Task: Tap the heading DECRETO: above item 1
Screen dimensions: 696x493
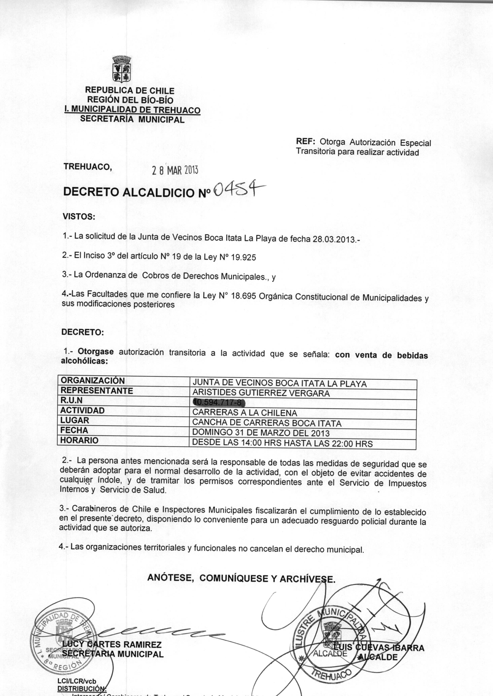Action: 82,332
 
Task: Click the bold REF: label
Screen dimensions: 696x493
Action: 306,142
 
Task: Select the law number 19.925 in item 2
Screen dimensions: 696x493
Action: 244,258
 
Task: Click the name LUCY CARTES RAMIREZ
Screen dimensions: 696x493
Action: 112,644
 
